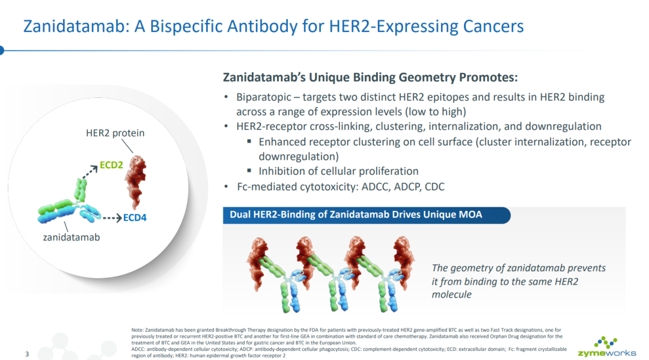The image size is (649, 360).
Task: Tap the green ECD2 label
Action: pos(111,165)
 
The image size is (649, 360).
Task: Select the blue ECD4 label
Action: pos(135,218)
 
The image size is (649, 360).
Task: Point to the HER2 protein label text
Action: pos(115,133)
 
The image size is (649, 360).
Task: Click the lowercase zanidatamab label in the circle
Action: pos(72,237)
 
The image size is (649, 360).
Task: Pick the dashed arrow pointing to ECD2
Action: pos(90,172)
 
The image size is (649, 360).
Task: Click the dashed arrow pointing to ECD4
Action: pos(112,218)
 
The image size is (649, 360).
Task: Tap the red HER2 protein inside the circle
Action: pos(136,182)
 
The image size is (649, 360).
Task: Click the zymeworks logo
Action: pos(607,347)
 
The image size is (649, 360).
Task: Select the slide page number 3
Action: pos(27,354)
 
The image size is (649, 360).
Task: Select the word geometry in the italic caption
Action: pos(472,269)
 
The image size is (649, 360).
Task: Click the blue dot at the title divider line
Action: pos(1,50)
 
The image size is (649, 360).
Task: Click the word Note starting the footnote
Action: pos(137,330)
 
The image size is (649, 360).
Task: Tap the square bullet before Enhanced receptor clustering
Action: pos(249,141)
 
